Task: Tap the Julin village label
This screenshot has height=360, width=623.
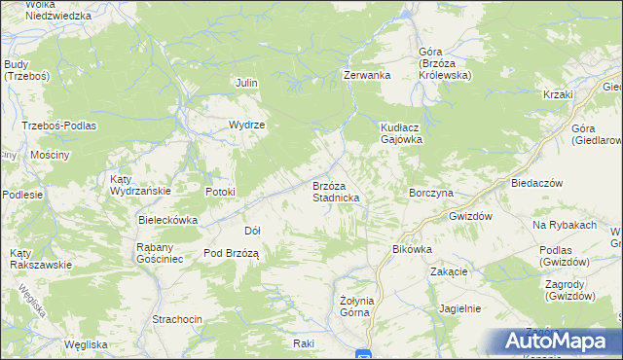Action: click(x=246, y=83)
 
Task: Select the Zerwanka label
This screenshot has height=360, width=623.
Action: click(x=367, y=75)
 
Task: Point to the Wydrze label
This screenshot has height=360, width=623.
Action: click(x=247, y=125)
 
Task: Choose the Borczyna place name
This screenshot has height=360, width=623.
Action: click(x=431, y=193)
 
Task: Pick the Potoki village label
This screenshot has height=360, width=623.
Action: click(x=220, y=192)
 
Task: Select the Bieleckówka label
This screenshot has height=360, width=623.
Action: click(x=168, y=220)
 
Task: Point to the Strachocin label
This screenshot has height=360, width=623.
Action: click(x=177, y=319)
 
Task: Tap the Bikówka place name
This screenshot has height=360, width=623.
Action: click(x=412, y=249)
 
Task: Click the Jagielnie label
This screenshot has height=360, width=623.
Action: click(x=460, y=307)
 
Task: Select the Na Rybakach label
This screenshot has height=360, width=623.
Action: click(x=564, y=225)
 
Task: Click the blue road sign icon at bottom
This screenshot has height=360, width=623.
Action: click(x=363, y=354)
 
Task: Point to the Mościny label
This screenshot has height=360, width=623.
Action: click(x=50, y=155)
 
